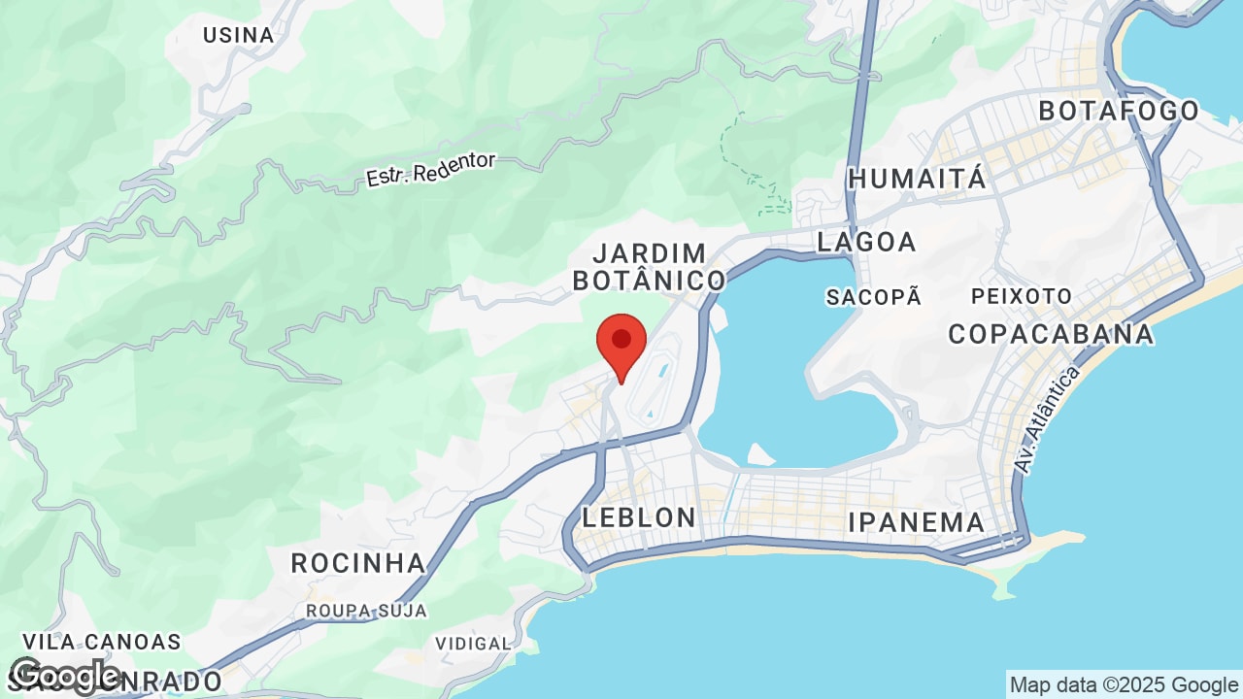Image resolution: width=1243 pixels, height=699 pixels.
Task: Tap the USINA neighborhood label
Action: tap(238, 35)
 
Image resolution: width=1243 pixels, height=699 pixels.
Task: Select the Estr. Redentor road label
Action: tap(430, 170)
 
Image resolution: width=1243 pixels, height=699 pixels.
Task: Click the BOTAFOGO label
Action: tap(1119, 111)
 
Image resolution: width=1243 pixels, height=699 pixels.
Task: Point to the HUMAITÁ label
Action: tap(917, 179)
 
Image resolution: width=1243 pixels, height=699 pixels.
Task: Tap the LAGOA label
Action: tap(866, 242)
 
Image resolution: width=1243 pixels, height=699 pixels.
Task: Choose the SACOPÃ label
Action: tap(873, 297)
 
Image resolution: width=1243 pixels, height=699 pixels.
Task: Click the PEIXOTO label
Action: tap(1022, 296)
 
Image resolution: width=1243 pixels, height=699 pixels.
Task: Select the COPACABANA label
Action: tap(1051, 334)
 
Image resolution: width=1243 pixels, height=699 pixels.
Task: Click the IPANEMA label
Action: tap(916, 522)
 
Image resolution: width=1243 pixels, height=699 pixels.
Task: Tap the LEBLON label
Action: tap(639, 517)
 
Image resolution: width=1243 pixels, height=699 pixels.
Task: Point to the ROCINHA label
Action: tap(358, 563)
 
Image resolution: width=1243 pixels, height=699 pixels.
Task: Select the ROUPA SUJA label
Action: tap(366, 611)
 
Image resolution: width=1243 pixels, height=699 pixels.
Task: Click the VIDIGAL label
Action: tap(473, 643)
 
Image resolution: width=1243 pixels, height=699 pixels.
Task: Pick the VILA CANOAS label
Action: tap(101, 642)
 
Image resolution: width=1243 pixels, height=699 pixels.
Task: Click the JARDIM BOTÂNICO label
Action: tap(649, 267)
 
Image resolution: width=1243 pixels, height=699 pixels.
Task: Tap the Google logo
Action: tap(65, 676)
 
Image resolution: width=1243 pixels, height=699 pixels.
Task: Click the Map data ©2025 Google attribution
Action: tap(1124, 684)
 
